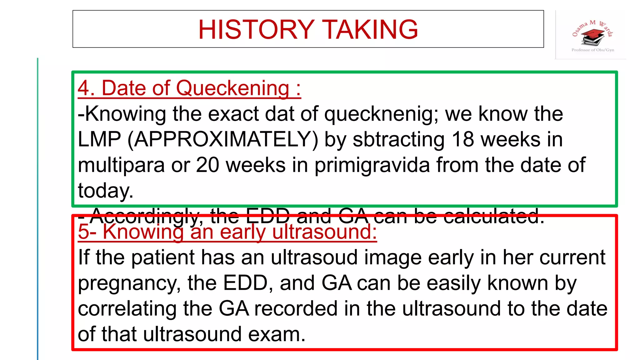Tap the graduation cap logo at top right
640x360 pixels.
coord(592,37)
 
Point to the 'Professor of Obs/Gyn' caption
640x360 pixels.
coord(592,50)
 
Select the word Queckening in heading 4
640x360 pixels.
coord(233,88)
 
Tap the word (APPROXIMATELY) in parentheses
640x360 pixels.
coord(223,139)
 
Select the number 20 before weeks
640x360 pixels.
coord(207,165)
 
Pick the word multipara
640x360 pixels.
coord(121,166)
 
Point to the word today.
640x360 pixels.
coord(105,191)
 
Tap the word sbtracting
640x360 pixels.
coord(398,139)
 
